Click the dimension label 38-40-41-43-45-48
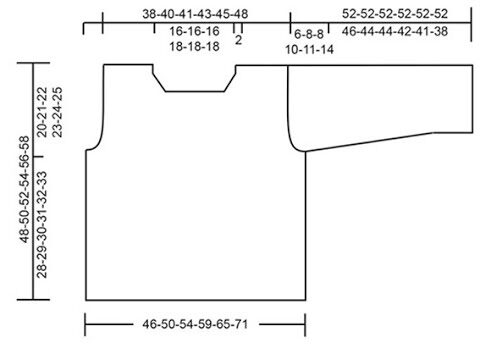[195, 14]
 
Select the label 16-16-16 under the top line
[194, 31]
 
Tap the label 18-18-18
[194, 46]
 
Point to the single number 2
[238, 40]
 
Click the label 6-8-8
[309, 34]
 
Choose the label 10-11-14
[309, 50]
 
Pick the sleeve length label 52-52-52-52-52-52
[395, 14]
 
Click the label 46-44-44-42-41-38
[395, 31]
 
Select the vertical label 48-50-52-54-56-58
[25, 189]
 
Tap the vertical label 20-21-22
[42, 112]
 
